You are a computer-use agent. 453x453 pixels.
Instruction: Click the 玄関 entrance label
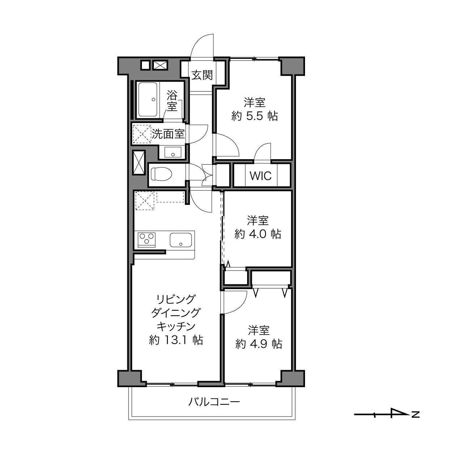(202, 75)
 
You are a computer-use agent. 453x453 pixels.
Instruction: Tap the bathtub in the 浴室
(148, 100)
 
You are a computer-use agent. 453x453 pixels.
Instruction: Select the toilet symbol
(161, 174)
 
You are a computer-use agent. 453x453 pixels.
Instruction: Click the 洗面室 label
(168, 134)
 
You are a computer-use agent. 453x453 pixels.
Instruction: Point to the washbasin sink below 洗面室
(173, 152)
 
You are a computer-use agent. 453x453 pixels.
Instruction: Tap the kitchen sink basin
(181, 240)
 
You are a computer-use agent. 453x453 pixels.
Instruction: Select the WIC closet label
(261, 175)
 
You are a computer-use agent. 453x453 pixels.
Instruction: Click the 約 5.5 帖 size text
(255, 116)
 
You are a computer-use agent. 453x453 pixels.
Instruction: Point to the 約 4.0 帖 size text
(258, 234)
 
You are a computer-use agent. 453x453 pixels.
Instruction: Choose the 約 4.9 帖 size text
(259, 344)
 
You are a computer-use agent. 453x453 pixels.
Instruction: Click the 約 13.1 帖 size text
(176, 340)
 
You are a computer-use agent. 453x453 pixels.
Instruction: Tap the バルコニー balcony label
(214, 402)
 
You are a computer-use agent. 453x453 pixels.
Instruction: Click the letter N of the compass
(416, 414)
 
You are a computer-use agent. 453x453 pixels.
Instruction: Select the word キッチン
(176, 326)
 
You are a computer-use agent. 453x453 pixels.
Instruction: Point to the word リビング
(176, 299)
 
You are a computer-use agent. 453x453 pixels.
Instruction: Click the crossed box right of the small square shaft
(160, 65)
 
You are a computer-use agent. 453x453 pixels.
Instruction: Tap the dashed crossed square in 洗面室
(142, 134)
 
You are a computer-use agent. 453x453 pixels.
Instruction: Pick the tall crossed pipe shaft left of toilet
(139, 163)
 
